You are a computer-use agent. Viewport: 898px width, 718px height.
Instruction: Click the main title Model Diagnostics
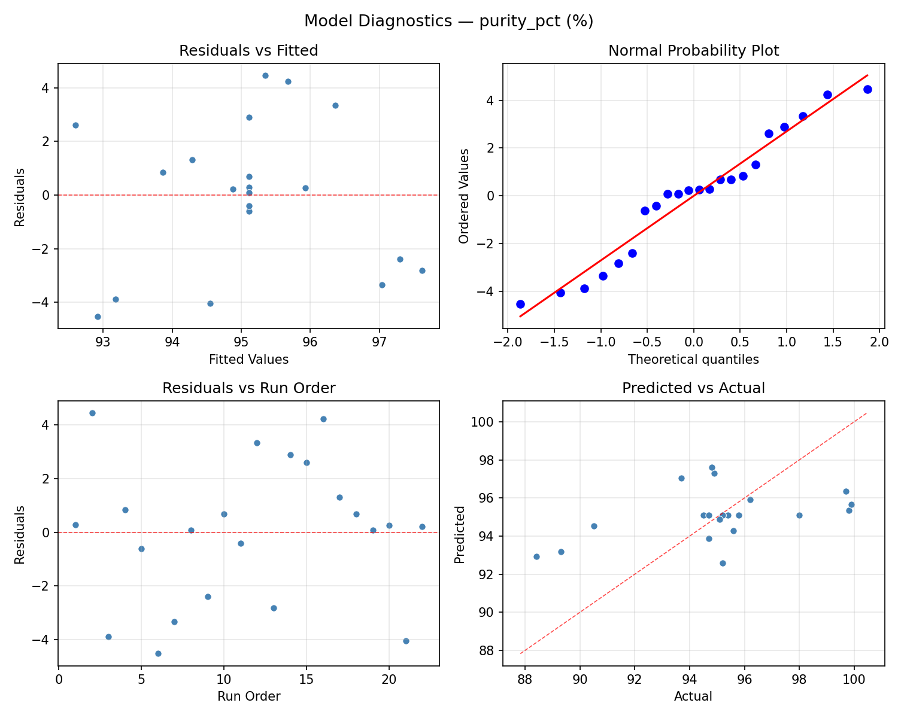[448, 21]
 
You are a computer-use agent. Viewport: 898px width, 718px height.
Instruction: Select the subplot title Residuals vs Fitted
[248, 51]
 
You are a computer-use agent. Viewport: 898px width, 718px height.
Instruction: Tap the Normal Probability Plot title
[693, 51]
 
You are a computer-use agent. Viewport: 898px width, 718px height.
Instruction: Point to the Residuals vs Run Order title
[248, 388]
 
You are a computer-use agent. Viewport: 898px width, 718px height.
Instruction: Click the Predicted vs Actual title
[693, 388]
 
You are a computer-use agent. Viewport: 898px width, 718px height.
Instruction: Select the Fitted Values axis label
[248, 360]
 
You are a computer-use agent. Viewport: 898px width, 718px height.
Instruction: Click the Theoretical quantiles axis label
[693, 360]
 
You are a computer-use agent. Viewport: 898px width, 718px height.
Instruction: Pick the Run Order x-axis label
[248, 696]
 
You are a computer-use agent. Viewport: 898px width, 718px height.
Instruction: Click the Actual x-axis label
[693, 696]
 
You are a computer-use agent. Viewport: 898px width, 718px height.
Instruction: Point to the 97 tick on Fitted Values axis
[380, 342]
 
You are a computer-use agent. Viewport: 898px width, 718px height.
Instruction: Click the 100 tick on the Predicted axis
[485, 422]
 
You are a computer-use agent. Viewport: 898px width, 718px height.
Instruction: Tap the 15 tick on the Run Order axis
[307, 679]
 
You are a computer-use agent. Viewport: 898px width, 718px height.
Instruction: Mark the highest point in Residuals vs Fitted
[265, 75]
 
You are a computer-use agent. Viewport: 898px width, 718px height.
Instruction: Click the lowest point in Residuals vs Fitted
[98, 317]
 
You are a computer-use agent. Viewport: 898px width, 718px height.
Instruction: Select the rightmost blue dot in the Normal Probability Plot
[867, 89]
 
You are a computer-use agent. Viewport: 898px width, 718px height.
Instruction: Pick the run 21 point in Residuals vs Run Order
[406, 641]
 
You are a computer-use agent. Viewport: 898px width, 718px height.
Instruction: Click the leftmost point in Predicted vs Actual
[536, 556]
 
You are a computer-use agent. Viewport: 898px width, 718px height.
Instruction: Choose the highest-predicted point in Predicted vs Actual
[712, 467]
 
